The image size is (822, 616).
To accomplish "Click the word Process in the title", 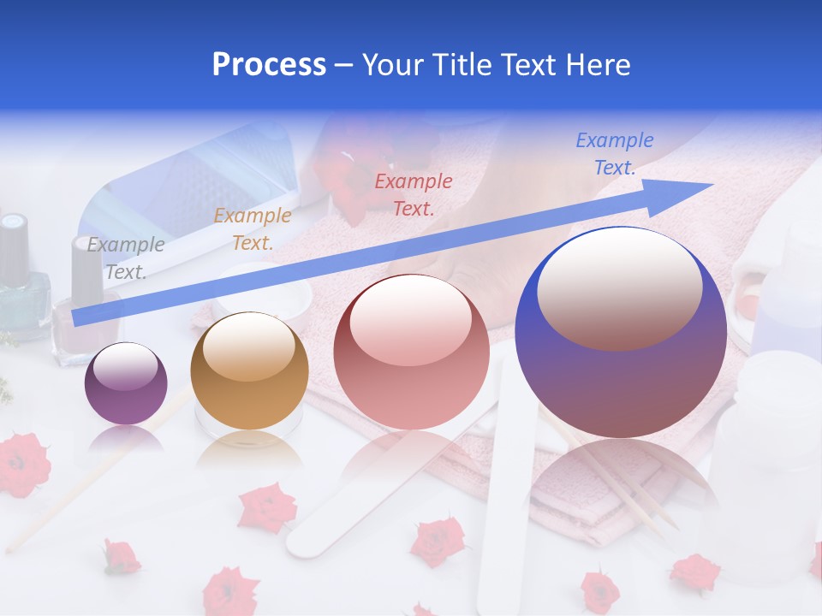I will point(269,65).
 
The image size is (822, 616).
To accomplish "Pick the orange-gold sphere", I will point(249,372).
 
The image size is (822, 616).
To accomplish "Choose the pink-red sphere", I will point(412,352).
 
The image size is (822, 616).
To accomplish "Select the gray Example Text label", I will point(126,258).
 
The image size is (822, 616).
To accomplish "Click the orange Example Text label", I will point(252,229).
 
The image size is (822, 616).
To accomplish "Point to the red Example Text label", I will point(414,194).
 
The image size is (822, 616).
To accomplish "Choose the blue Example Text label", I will point(614,154).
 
